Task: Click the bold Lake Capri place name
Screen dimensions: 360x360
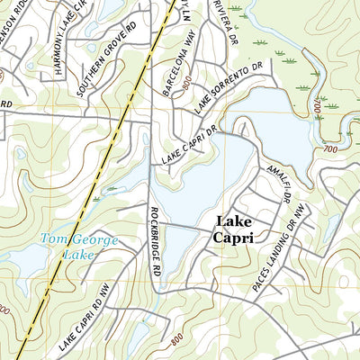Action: coord(233,229)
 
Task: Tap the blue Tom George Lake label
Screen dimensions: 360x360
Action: coord(67,247)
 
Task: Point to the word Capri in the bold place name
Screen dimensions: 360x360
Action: coord(233,238)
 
